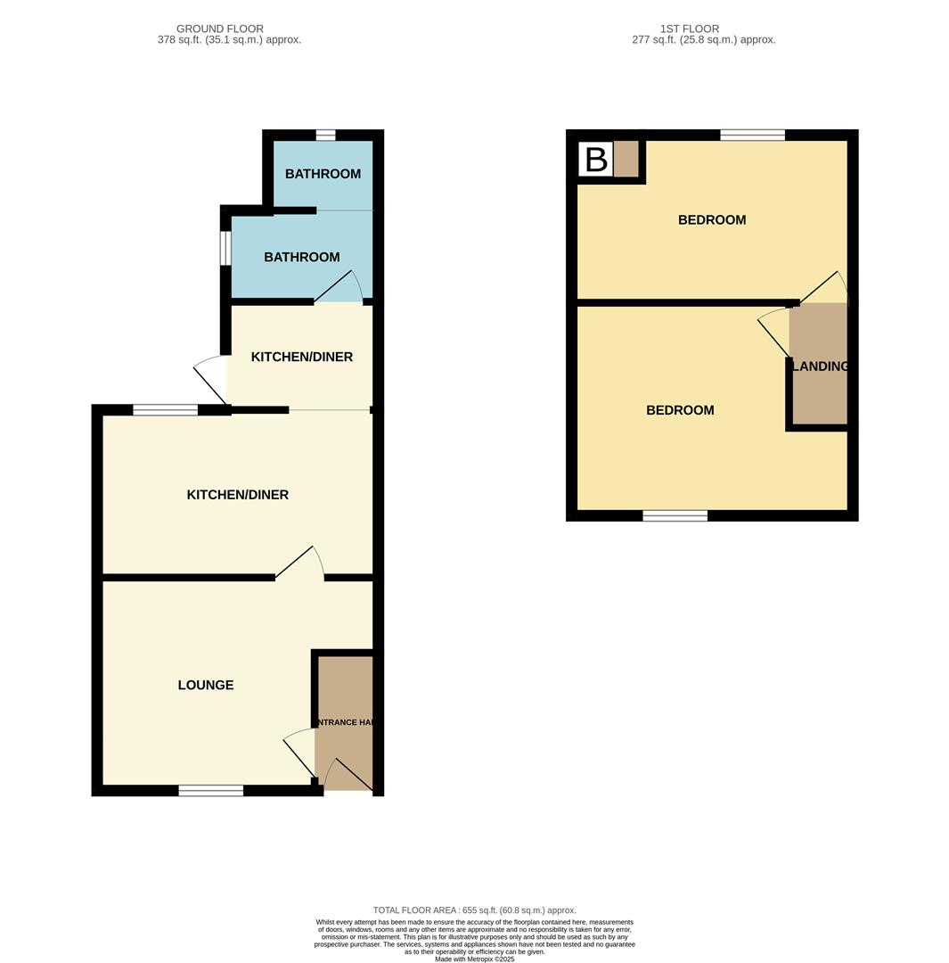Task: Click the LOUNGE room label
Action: pos(206,685)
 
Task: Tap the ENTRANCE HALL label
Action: pos(343,722)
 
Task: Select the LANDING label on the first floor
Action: pos(820,366)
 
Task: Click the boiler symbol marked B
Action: pos(595,160)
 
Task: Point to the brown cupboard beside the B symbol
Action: pos(626,160)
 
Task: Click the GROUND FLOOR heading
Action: pos(219,29)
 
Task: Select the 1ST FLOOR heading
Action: pos(689,29)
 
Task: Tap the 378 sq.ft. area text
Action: pos(229,40)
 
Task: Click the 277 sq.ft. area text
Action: pos(703,40)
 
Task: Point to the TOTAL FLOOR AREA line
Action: pos(474,910)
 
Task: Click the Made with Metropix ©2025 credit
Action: pos(474,959)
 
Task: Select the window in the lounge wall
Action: pos(210,790)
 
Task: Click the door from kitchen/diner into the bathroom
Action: pos(338,287)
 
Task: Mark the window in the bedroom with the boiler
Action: pos(752,136)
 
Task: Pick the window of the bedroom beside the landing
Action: pos(675,515)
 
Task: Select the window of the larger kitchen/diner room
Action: pos(165,410)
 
